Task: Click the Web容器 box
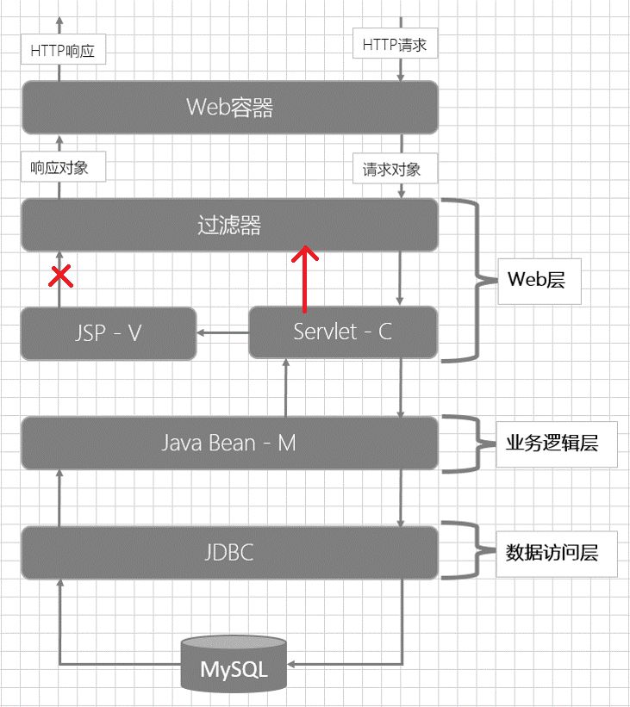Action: click(x=229, y=108)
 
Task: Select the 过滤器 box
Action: click(x=229, y=226)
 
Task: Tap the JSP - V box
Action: click(x=108, y=332)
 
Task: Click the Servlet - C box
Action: click(x=342, y=332)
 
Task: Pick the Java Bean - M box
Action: click(x=229, y=443)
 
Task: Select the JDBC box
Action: click(x=229, y=552)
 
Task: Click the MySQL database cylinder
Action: click(x=234, y=664)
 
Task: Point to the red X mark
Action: click(x=59, y=276)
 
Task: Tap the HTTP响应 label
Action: click(x=62, y=51)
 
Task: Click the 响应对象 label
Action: click(x=62, y=168)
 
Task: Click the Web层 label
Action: click(x=539, y=280)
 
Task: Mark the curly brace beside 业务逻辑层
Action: click(x=465, y=443)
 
